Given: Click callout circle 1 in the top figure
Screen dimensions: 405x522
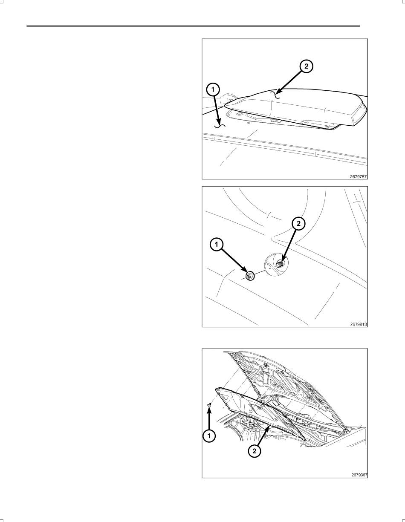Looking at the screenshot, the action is click(213, 90).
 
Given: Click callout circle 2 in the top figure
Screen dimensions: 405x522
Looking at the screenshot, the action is click(306, 66).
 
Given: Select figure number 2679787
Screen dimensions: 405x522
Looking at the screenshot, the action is click(359, 176).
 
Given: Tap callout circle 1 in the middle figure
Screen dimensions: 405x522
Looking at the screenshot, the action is click(217, 245).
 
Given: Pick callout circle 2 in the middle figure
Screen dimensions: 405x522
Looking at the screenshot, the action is click(298, 224).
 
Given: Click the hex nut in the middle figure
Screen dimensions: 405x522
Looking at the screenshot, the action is click(250, 276).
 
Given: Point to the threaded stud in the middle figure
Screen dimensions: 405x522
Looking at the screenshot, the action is click(280, 264).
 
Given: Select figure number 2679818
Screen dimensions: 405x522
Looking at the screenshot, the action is click(359, 324).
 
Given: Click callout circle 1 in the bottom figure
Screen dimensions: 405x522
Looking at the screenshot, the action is click(209, 436).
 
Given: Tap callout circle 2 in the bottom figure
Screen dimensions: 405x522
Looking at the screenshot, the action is click(255, 451).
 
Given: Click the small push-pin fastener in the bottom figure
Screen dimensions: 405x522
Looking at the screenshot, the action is click(210, 405).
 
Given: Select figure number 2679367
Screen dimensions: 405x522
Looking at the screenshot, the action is click(359, 475).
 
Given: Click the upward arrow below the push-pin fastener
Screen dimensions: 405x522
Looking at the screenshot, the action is click(209, 418).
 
